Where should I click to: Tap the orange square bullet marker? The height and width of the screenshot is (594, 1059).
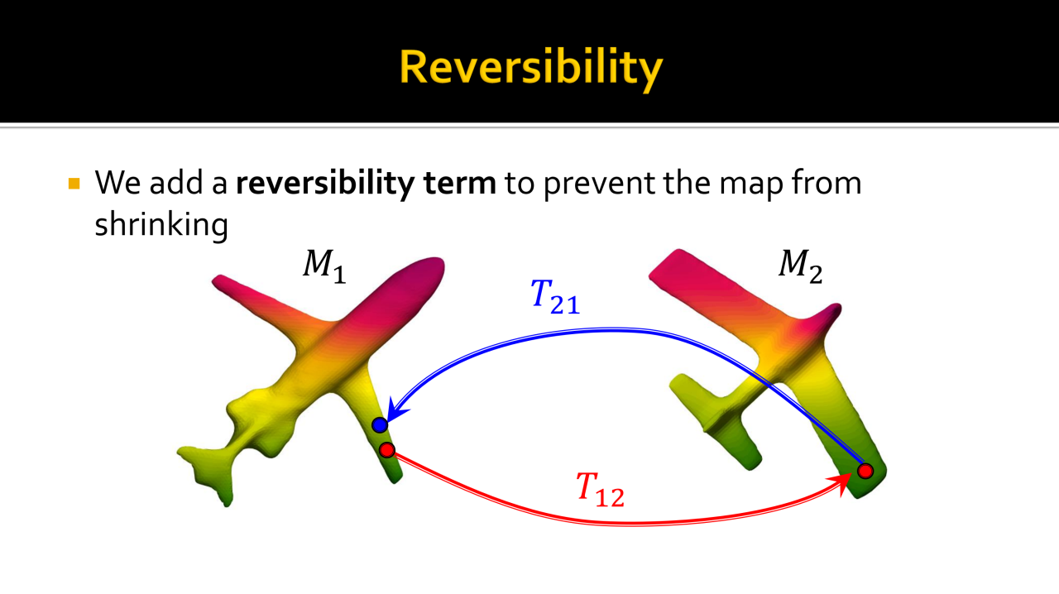pyautogui.click(x=74, y=184)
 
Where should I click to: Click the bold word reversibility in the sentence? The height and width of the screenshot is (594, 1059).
pyautogui.click(x=325, y=184)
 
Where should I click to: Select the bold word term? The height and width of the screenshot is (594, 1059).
pyautogui.click(x=459, y=184)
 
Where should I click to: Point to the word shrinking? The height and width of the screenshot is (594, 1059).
pyautogui.click(x=161, y=224)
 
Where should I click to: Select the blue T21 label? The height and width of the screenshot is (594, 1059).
pyautogui.click(x=554, y=296)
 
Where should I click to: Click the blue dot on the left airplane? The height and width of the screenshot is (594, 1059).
pyautogui.click(x=380, y=425)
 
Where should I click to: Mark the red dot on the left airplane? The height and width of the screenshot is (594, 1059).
pyautogui.click(x=387, y=450)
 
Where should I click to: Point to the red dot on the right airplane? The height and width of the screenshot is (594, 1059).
pyautogui.click(x=865, y=471)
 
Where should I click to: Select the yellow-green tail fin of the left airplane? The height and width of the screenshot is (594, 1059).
pyautogui.click(x=208, y=473)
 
